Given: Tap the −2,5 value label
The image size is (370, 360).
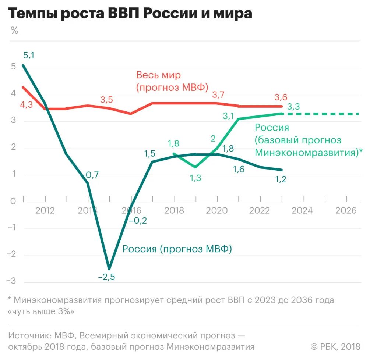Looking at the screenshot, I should [x=106, y=277].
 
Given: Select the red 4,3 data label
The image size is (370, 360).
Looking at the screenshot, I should [x=26, y=104].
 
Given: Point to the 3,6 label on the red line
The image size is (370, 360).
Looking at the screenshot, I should [x=281, y=97].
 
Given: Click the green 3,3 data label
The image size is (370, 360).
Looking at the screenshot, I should [x=293, y=107].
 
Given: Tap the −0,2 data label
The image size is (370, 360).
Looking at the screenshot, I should [x=138, y=221].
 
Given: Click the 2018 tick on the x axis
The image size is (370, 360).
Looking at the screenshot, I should [x=174, y=211].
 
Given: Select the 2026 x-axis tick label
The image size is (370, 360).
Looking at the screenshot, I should [x=346, y=211].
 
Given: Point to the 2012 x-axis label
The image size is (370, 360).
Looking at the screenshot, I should [x=45, y=211].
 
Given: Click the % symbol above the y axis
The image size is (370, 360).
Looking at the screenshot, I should [x=14, y=31].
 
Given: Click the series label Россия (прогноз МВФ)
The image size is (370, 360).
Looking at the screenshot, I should [x=177, y=249].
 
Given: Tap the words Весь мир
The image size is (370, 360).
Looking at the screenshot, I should [x=159, y=75].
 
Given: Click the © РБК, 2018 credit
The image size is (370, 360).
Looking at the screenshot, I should [x=335, y=346].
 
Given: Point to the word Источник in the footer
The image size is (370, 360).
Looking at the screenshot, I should [x=29, y=336].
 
